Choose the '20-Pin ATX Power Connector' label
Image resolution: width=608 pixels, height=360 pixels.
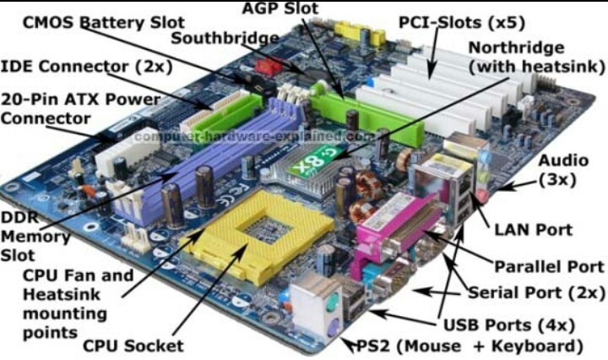80,107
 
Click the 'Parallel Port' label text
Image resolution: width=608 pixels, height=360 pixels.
550,266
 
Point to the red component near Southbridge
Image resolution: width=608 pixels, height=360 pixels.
269,66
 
